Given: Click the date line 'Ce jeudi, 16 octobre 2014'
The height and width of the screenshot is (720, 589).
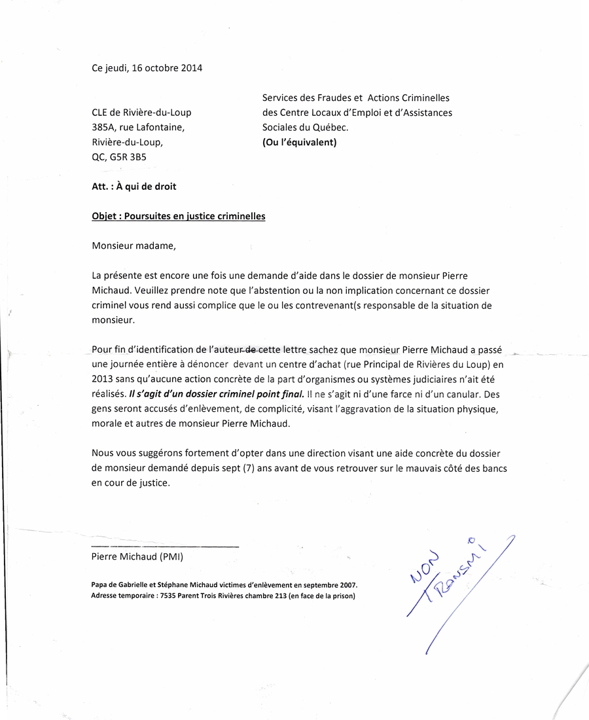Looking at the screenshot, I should [x=147, y=67].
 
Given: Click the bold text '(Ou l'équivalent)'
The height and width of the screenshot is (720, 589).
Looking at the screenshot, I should [x=299, y=142].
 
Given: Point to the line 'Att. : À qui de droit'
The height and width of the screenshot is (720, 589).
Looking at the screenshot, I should [x=134, y=186].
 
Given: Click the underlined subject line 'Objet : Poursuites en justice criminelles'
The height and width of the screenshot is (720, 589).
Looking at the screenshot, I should [x=179, y=216].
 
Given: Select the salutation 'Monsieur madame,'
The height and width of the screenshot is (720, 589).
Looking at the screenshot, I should [x=134, y=246].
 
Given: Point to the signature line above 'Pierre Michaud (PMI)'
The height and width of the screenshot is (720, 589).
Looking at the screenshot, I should [x=165, y=545].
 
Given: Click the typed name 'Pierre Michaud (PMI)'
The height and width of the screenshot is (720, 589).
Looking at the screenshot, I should [x=137, y=557].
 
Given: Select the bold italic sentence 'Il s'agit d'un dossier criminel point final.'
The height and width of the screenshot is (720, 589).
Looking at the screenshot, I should [x=217, y=393].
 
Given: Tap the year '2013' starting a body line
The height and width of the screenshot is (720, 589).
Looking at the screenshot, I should [x=103, y=378].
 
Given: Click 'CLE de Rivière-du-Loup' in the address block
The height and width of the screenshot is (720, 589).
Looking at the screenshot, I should [x=141, y=113].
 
